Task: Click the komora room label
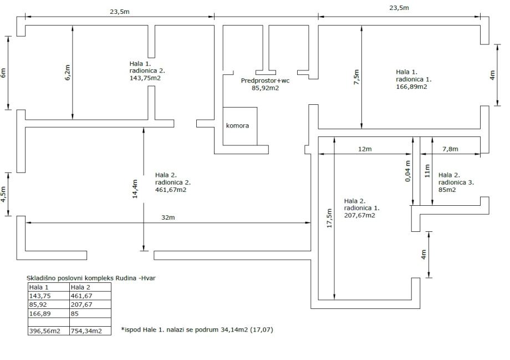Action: coord(237,125)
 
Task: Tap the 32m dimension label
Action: coord(168,217)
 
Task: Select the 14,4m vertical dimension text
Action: coord(135,189)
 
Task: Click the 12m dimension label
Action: coord(364,149)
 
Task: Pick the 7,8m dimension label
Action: coord(450,149)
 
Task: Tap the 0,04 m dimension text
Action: coord(408,171)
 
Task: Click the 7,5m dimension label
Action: coord(356,76)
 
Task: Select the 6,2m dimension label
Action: coord(68,73)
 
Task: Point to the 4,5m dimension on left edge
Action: coord(3,194)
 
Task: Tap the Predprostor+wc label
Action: coord(265,80)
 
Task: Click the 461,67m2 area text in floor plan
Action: coord(170,190)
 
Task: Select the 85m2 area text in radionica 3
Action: coord(447,190)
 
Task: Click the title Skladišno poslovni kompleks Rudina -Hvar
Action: coord(91,278)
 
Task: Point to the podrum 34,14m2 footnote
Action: coord(197,330)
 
